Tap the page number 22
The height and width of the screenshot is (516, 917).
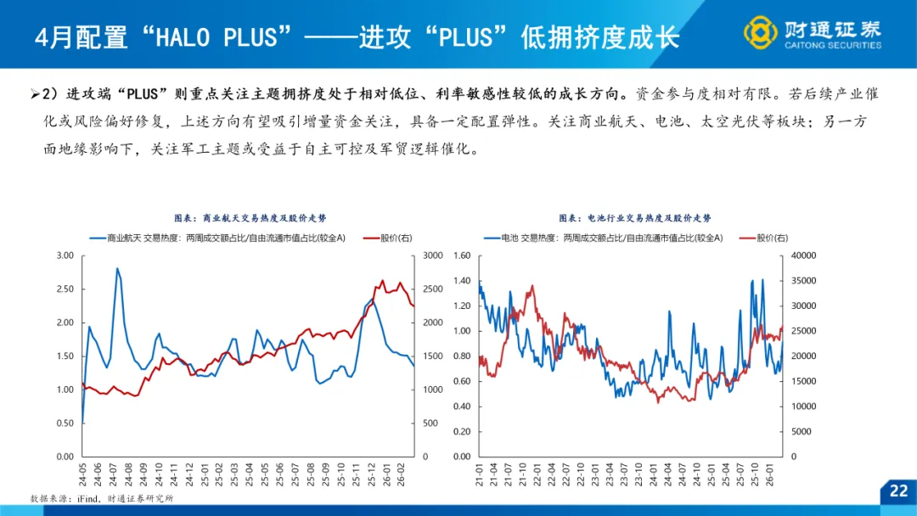(x=898, y=491)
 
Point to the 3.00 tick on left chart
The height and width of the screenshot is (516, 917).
(x=65, y=255)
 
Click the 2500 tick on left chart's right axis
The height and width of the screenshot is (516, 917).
(x=433, y=289)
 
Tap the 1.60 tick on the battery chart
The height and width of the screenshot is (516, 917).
(x=462, y=255)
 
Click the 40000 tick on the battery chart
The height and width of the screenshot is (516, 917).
(x=802, y=255)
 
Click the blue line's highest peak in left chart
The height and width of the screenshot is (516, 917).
(x=117, y=269)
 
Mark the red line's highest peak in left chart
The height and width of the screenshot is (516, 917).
(x=382, y=281)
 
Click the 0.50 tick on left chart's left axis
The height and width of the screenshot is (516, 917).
(x=65, y=423)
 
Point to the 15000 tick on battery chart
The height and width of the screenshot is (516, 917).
(x=802, y=381)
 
